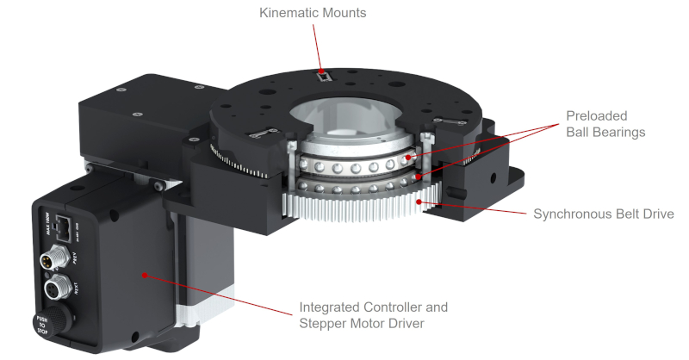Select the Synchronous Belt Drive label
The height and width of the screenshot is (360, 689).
[x=603, y=214]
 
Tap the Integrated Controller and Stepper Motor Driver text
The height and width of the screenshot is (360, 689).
[x=373, y=315]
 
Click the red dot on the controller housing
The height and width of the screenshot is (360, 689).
[x=145, y=276]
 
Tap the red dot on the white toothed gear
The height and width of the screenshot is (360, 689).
[x=419, y=202]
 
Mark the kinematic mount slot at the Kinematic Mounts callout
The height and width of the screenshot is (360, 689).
[x=322, y=77]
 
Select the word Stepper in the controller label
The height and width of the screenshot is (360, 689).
[x=324, y=323]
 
